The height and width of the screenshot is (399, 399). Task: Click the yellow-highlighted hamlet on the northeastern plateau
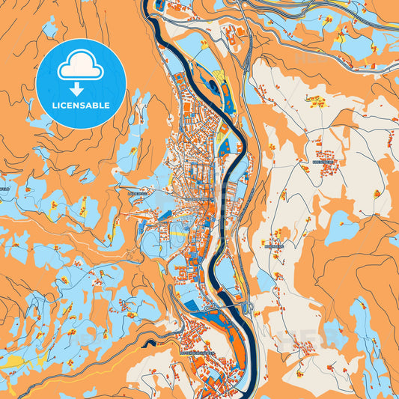[x=317, y=100]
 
